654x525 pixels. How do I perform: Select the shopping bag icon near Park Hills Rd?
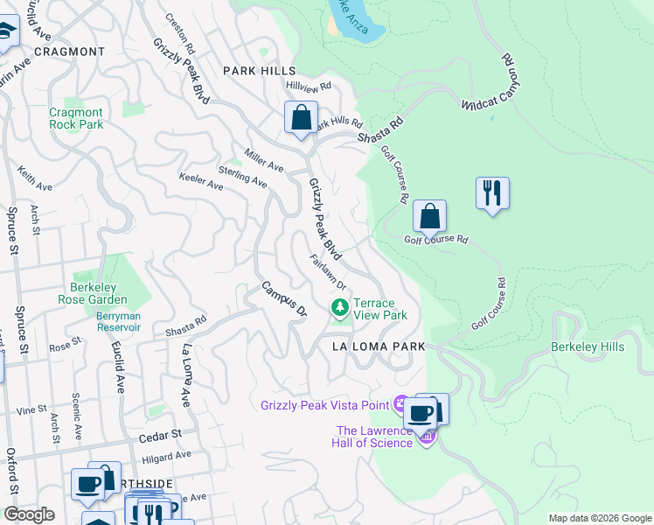pos(301,117)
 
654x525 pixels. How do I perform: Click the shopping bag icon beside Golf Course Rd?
pos(429,215)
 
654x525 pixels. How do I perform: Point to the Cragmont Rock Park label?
pos(76,118)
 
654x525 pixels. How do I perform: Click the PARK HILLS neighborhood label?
pos(259,71)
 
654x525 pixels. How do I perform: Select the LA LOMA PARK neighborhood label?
pos(379,346)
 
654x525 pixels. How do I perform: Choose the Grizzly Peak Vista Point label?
pos(325,404)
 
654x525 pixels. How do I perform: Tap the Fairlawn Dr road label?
pos(328,272)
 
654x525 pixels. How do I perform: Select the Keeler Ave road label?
pos(201,182)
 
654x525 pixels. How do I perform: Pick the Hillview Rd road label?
pos(310,87)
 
